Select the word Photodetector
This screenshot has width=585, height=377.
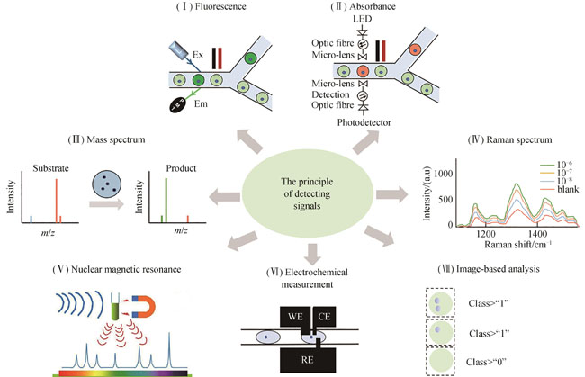click(363, 122)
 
